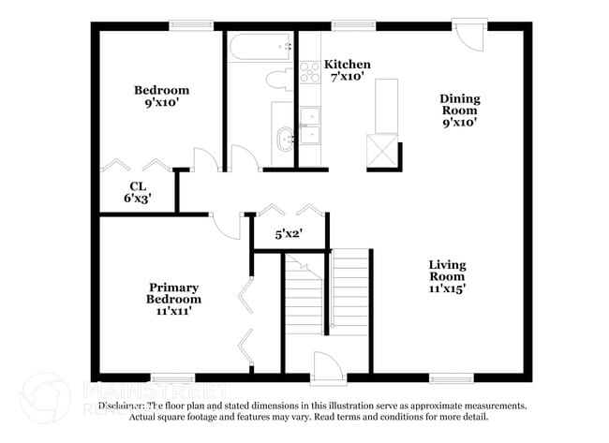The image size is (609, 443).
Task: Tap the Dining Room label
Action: tap(460, 104)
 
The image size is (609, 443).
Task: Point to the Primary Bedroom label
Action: tap(173, 293)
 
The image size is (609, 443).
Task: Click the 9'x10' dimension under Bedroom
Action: tap(161, 104)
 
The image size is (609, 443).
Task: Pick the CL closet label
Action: tap(137, 186)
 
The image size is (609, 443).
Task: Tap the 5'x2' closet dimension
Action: tap(288, 236)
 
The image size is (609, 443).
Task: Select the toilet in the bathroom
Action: tap(280, 79)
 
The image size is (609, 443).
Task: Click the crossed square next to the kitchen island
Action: tap(381, 150)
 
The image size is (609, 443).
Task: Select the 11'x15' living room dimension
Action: tap(448, 289)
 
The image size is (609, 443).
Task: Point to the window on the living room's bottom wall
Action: tap(451, 378)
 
